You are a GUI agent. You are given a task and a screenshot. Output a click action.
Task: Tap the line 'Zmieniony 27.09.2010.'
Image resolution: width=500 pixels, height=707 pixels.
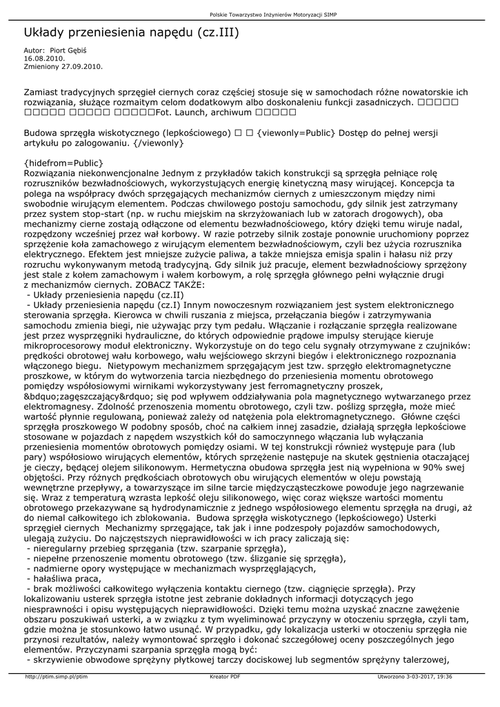(x=63, y=66)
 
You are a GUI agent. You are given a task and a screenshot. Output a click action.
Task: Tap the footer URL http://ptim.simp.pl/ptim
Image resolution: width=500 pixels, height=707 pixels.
(x=56, y=677)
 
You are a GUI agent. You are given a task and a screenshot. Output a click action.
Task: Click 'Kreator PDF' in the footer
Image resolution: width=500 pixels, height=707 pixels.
(x=225, y=677)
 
